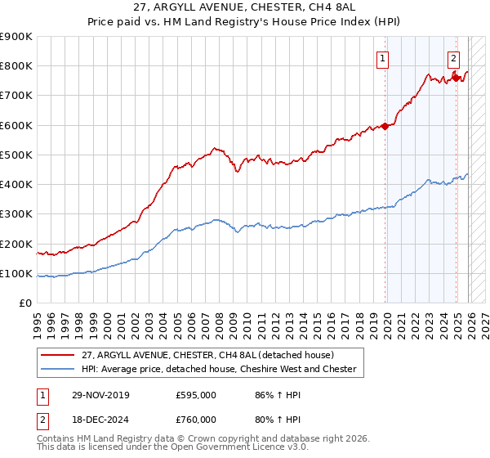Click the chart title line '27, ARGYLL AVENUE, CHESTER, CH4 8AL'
244,7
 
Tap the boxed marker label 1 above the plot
382,57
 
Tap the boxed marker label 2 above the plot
453,57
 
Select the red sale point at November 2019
385,126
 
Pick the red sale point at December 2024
457,77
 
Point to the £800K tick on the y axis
16,66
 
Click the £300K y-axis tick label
16,214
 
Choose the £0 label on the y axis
25,303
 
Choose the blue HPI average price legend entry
219,369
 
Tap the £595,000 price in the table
195,394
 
